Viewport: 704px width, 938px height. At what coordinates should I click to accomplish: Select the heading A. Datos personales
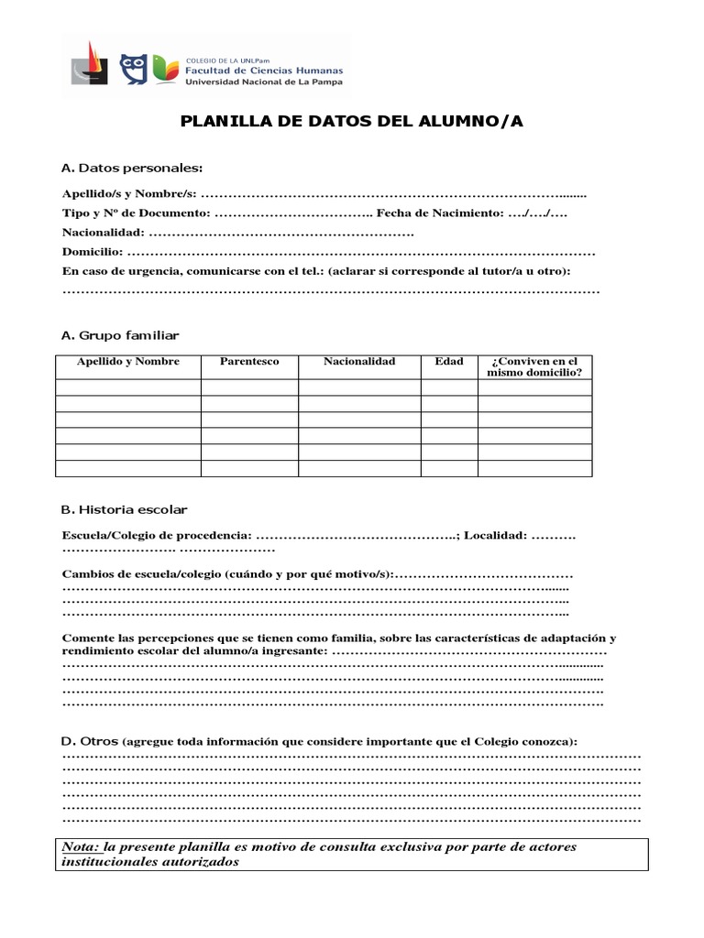point(132,168)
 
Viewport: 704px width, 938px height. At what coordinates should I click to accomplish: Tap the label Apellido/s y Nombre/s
point(128,194)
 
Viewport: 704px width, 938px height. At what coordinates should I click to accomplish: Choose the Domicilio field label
point(92,252)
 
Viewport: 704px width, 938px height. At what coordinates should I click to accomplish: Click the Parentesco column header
point(249,362)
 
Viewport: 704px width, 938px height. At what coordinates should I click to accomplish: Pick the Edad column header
point(449,362)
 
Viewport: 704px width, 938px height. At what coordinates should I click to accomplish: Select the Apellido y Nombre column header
point(128,362)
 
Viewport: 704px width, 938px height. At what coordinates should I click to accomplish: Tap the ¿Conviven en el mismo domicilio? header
point(534,367)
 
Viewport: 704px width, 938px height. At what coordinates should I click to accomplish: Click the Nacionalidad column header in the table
point(359,362)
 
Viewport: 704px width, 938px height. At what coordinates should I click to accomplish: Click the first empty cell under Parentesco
point(249,387)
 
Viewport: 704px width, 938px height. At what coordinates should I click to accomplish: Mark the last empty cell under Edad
point(449,469)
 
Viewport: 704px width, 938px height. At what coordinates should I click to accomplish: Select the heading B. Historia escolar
point(124,509)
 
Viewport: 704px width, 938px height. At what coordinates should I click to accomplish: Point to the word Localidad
point(494,535)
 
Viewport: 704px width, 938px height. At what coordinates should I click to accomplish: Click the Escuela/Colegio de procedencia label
point(156,535)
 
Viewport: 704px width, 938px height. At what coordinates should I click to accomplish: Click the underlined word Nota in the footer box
point(80,846)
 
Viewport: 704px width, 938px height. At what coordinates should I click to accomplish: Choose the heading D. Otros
point(89,740)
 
